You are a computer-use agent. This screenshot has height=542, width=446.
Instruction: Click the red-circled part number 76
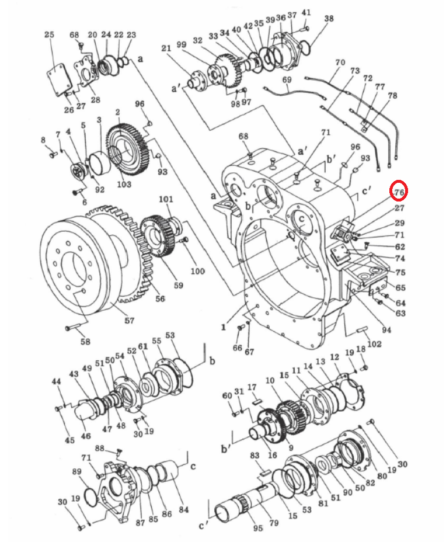coord(399,193)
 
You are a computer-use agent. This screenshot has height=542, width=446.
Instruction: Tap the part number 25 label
coord(50,34)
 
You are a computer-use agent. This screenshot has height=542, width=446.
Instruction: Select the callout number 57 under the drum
coord(129,321)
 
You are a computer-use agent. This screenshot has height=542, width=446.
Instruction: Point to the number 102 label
coord(374,344)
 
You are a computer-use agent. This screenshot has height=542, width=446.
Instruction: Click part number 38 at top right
coord(329,18)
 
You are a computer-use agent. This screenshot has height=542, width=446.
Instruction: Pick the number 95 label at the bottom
coord(257,528)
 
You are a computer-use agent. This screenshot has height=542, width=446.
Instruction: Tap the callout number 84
coord(184,509)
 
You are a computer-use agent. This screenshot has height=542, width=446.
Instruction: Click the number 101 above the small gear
coord(166,199)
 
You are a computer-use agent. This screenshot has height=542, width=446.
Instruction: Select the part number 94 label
coord(386,330)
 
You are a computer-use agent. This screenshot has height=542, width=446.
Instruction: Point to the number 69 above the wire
coord(287,79)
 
